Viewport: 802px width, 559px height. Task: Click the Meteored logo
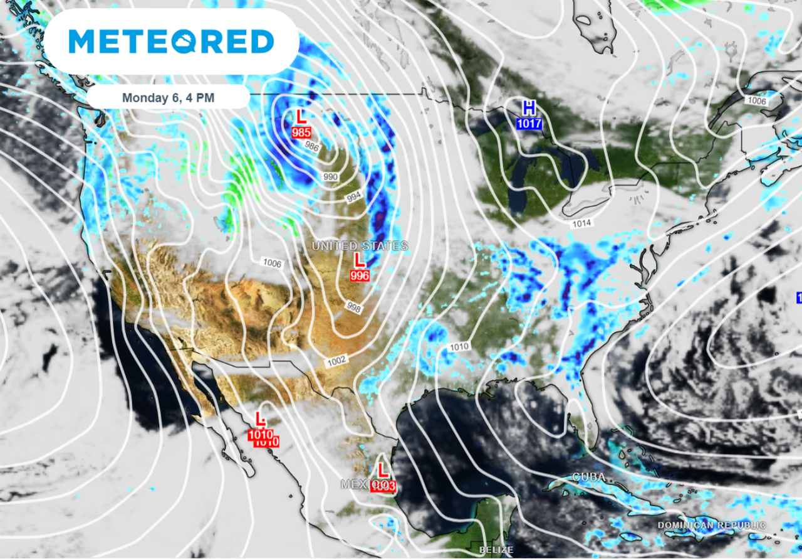tap(170, 41)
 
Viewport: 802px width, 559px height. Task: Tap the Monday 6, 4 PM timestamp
tap(167, 98)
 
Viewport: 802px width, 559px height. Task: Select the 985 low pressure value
tap(301, 132)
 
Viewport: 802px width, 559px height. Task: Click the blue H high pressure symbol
tap(529, 107)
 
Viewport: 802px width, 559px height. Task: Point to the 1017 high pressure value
tap(529, 124)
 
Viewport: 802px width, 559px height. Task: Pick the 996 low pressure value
tap(360, 275)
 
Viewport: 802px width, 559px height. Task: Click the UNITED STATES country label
tap(360, 246)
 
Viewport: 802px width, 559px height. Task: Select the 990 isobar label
tap(330, 177)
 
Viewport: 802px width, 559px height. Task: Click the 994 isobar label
tap(354, 198)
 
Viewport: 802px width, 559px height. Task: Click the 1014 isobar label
tap(581, 223)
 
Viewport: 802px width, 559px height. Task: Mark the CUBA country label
tap(589, 477)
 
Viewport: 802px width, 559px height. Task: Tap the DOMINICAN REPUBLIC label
tap(711, 525)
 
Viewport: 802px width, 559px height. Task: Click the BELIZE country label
tap(496, 550)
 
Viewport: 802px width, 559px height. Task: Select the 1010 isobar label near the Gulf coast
tap(459, 346)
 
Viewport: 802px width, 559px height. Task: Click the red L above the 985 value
tap(301, 117)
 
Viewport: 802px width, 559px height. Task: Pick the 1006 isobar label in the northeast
tap(757, 100)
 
